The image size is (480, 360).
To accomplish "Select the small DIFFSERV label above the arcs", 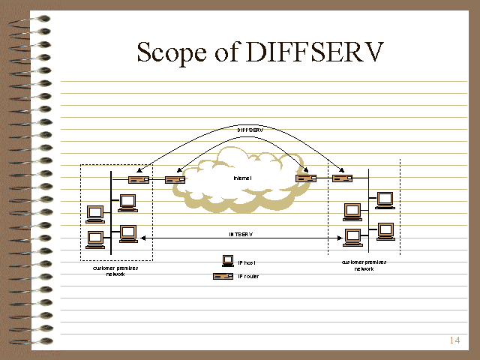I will click(x=240, y=130).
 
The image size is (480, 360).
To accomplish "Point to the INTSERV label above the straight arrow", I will click(x=240, y=234).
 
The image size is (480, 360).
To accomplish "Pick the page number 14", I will click(x=454, y=340).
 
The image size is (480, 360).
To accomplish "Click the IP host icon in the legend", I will click(x=228, y=261).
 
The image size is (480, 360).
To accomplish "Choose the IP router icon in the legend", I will click(x=223, y=277).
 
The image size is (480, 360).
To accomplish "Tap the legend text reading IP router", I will click(x=248, y=277).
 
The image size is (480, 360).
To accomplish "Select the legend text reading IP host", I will click(x=247, y=262).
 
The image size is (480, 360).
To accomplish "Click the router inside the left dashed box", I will click(x=138, y=179).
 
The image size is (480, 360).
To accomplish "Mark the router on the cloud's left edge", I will click(x=175, y=179).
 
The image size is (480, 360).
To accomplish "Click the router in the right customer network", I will click(x=343, y=178).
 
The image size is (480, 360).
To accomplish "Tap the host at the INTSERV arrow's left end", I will click(x=127, y=233).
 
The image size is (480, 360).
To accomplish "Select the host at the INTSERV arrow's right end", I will click(x=352, y=235).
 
